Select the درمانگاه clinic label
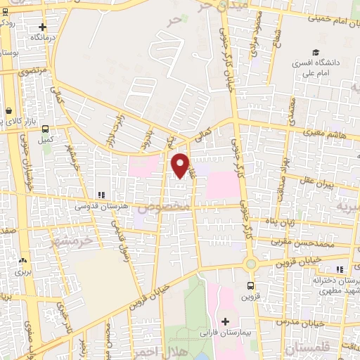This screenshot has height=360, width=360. (x=40, y=36)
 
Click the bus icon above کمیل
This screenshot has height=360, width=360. (x=46, y=129)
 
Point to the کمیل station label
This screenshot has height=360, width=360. (x=46, y=139)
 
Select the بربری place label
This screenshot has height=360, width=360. (x=25, y=271)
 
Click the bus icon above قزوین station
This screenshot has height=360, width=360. (x=251, y=285)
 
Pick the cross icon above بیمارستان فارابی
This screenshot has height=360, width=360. (x=225, y=321)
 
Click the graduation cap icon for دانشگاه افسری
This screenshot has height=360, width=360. (x=316, y=53)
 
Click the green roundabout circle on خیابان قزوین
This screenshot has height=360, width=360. (x=250, y=264)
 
